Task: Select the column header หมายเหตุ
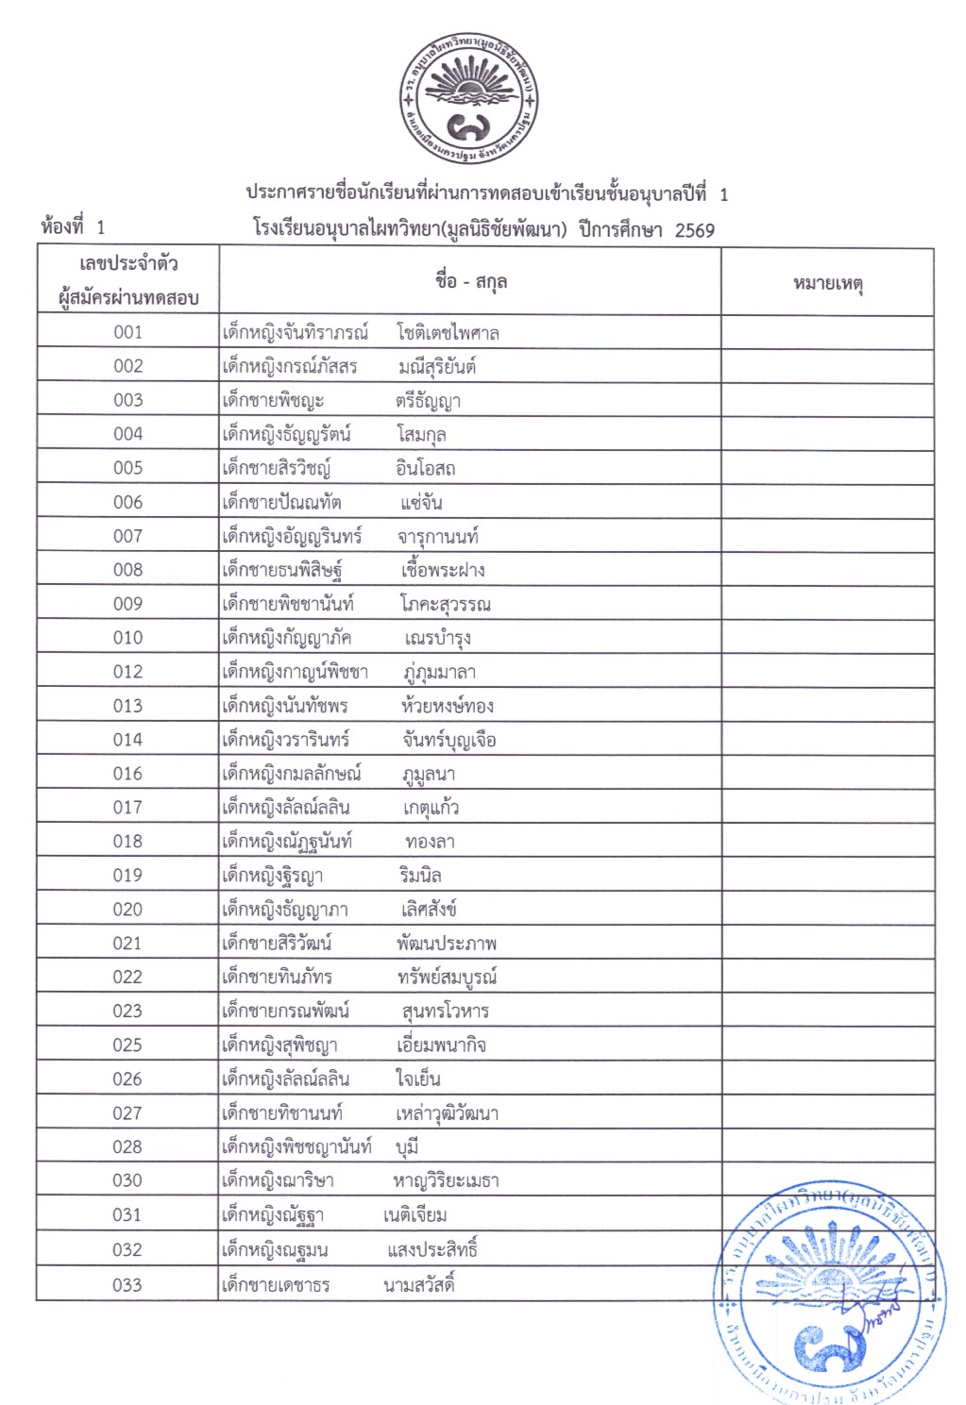coord(827,282)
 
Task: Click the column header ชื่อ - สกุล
coord(470,281)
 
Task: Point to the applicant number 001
coord(127,332)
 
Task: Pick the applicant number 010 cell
coord(127,638)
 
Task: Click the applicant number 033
coord(127,1284)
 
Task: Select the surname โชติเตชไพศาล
coord(448,333)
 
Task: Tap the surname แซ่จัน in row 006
coord(421,503)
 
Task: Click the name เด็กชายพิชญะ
coord(273,401)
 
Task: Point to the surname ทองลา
coord(430,842)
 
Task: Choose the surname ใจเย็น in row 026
coord(417,1079)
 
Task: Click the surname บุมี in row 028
coord(407,1147)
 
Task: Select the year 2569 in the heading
coord(694,230)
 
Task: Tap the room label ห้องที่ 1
coord(74,227)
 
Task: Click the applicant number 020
coord(127,910)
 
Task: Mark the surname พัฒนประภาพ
coord(446,944)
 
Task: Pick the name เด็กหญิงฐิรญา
coord(272,877)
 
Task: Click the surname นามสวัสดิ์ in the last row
coord(419,1284)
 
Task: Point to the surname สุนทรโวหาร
coord(445,1012)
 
